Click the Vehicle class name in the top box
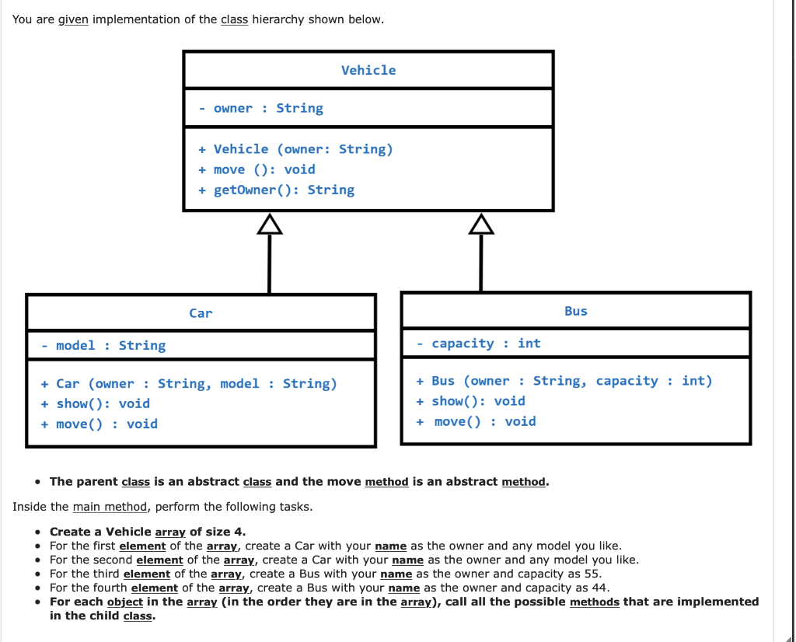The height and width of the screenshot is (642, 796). (368, 70)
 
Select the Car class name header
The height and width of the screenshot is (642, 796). (201, 313)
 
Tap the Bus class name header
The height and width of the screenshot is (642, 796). (575, 311)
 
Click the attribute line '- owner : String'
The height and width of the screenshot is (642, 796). (260, 109)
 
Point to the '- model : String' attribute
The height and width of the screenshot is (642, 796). (103, 346)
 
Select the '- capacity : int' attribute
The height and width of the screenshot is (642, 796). (478, 344)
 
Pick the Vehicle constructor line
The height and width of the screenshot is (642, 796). (295, 149)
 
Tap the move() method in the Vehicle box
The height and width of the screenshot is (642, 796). (257, 169)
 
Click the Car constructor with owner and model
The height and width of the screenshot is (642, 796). (189, 384)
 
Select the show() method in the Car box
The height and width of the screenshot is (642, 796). (95, 403)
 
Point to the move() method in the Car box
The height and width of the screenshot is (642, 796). (99, 424)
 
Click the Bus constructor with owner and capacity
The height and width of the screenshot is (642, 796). (564, 381)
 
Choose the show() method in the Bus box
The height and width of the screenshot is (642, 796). (470, 401)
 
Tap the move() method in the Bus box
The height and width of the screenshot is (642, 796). (476, 421)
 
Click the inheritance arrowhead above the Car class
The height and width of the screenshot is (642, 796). (269, 225)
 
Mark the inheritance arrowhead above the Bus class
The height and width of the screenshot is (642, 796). (481, 225)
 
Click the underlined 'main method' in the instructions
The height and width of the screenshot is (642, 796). (110, 507)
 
